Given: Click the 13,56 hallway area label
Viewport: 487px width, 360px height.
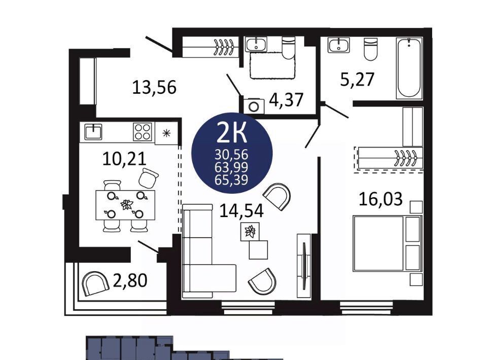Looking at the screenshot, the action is click(x=154, y=87).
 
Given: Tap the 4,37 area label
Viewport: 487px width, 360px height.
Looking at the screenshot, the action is click(x=286, y=100).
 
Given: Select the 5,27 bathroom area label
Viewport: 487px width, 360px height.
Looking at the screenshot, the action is click(x=357, y=79).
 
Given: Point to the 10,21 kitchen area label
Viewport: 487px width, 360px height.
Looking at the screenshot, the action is click(x=124, y=159).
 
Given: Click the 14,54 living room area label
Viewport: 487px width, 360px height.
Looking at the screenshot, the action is click(x=241, y=211).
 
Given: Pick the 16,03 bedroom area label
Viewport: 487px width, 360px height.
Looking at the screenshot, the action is click(x=381, y=199).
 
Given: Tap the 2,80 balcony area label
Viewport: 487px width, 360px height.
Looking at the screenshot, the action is click(x=130, y=280).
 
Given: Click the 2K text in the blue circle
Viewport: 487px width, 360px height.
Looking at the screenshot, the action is click(x=232, y=132).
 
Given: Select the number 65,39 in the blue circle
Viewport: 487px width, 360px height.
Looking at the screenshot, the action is click(x=231, y=179).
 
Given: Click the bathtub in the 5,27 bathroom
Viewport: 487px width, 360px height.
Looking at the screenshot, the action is click(x=409, y=68).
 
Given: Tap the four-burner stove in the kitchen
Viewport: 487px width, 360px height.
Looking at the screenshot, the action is click(x=143, y=132).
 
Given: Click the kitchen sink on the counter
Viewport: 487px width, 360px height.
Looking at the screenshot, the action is click(x=93, y=132).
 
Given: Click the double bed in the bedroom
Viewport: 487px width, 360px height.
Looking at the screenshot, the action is click(x=388, y=243).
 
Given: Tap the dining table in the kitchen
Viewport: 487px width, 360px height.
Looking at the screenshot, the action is click(x=125, y=205).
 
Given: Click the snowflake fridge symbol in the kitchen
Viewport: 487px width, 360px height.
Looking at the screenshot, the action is click(x=167, y=133).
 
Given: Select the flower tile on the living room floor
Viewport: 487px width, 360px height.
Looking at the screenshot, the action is click(x=250, y=232).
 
